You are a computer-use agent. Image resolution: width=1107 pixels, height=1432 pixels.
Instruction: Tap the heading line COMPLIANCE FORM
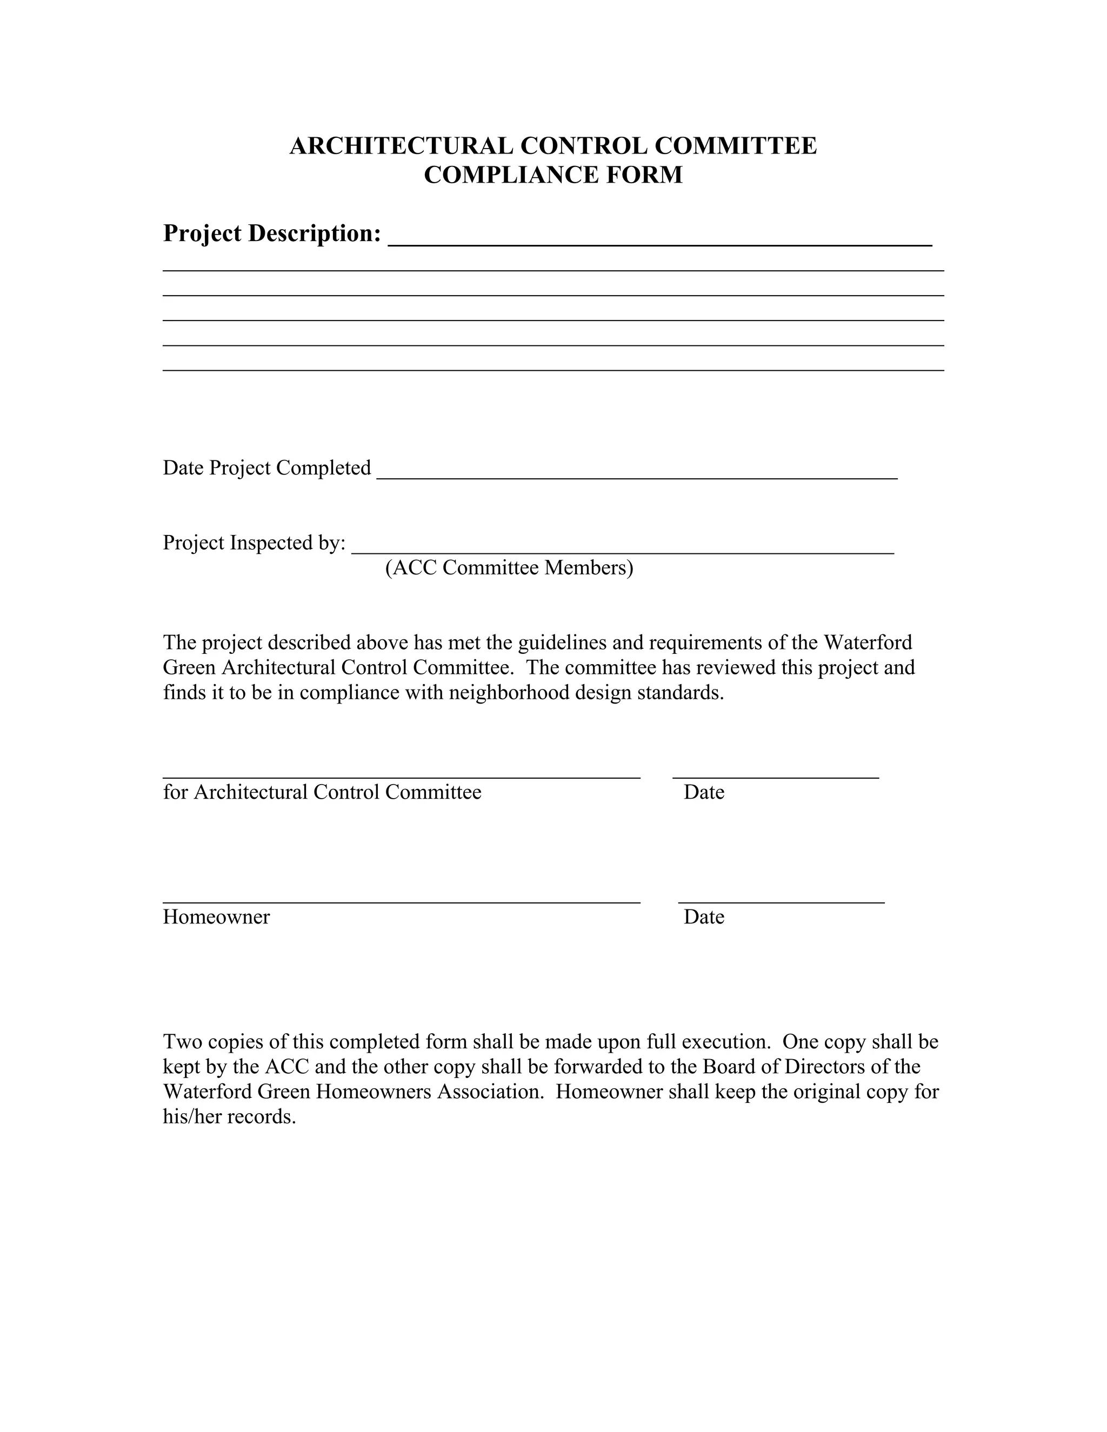(x=553, y=175)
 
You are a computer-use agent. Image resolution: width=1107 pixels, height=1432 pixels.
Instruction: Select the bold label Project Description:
(x=271, y=233)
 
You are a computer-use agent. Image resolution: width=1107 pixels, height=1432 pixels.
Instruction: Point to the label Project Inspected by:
(x=254, y=543)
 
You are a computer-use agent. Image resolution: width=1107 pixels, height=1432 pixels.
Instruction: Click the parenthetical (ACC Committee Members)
(x=509, y=568)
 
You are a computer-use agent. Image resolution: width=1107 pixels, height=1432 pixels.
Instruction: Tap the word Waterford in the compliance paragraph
(x=868, y=643)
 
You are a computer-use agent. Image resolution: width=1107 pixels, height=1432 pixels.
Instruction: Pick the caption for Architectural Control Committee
(x=322, y=792)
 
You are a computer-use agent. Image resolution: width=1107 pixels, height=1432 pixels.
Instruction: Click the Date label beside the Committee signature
(x=704, y=792)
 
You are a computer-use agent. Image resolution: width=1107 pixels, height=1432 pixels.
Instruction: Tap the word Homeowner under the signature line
(x=216, y=916)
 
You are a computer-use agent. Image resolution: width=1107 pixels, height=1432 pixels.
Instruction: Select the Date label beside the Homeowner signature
(x=704, y=916)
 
